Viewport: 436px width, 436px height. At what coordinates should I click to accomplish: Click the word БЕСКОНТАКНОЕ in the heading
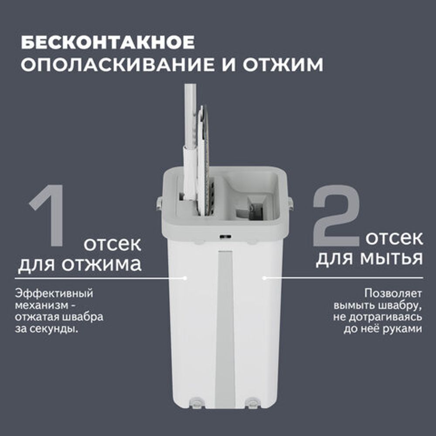(108, 43)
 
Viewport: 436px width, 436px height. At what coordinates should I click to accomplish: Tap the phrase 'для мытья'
(369, 258)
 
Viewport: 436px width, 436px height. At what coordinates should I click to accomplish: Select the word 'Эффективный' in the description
(54, 293)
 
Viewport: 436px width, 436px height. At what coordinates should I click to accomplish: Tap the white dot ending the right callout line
(264, 277)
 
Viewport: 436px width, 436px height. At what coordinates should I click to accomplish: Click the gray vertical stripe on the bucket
(225, 327)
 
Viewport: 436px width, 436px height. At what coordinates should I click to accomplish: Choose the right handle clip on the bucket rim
(290, 202)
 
